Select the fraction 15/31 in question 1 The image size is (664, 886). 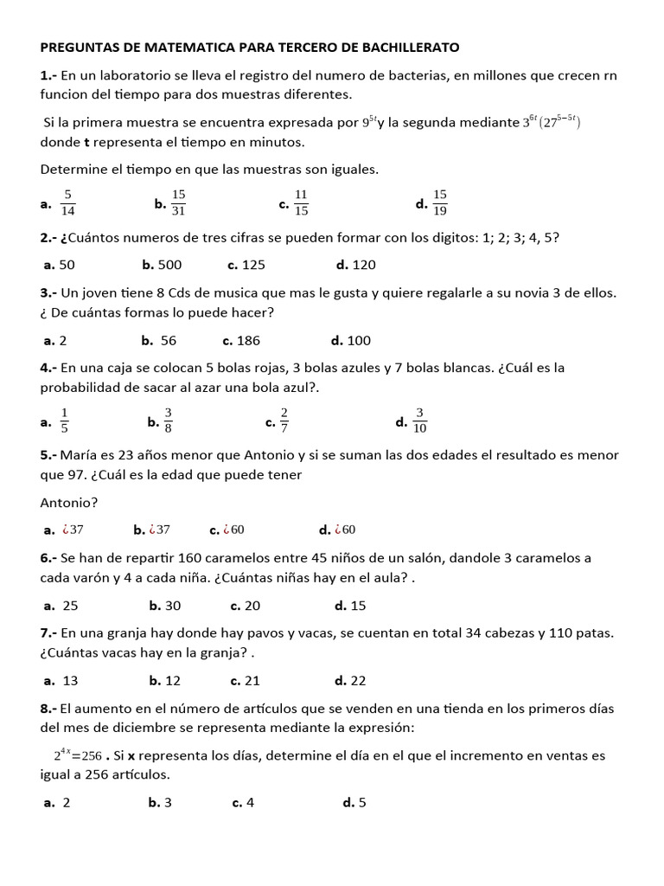179,202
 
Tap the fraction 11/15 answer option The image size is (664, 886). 301,202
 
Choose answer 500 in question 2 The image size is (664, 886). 168,265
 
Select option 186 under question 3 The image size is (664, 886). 248,340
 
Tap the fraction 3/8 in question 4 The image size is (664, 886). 169,421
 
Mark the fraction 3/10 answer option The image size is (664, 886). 420,421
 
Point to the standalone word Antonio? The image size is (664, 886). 69,502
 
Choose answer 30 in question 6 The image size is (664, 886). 173,605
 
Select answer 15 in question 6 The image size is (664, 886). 358,605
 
